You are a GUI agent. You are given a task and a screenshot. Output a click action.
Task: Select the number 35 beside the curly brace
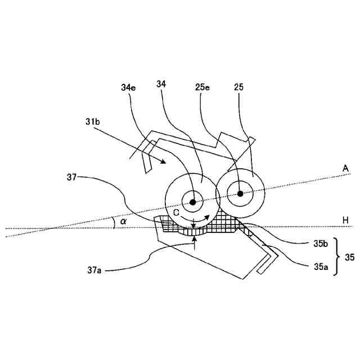coord(349,257)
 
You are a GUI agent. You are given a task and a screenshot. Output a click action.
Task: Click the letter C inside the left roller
coord(176,214)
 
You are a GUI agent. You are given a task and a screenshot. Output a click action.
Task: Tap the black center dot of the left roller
coord(192,202)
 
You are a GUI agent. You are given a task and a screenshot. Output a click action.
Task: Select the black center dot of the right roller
coord(240,194)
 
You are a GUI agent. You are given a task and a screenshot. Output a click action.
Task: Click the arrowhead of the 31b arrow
coord(164,162)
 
